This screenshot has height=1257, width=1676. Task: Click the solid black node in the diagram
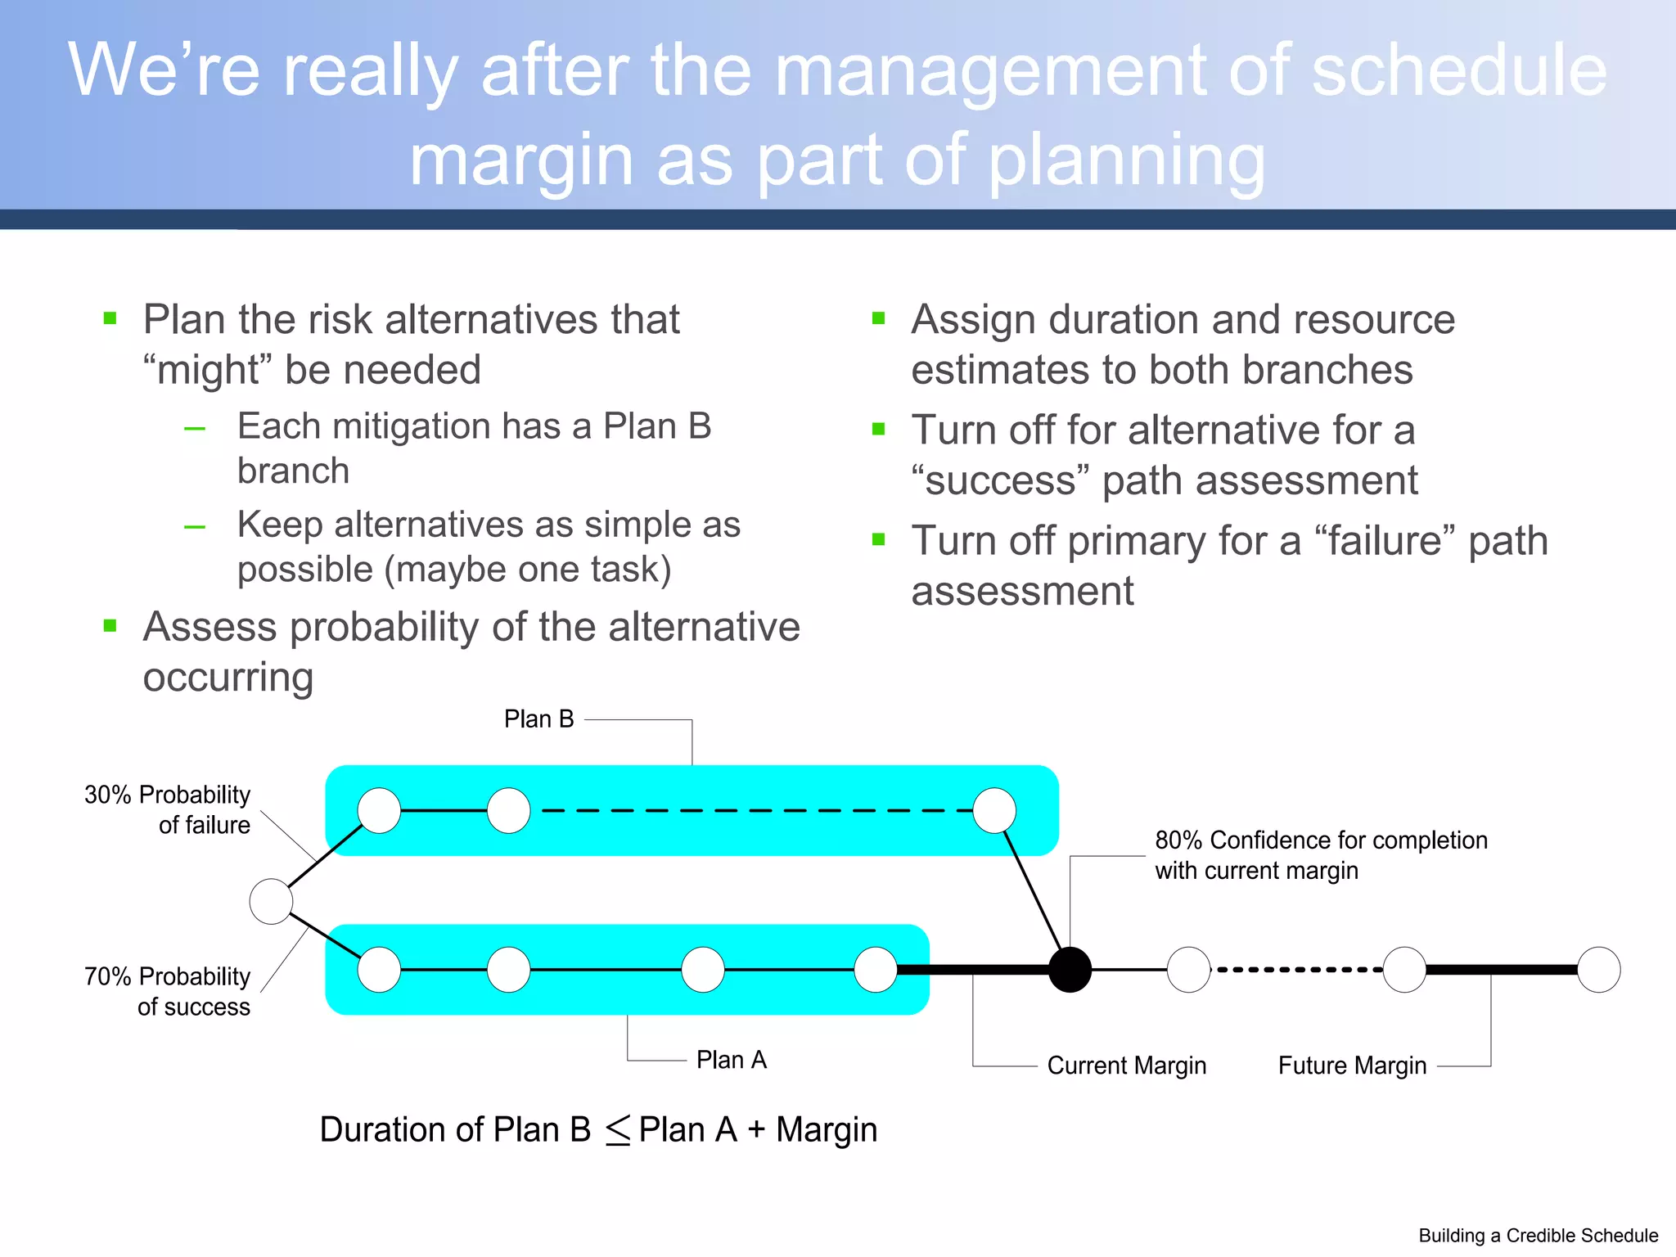1070,970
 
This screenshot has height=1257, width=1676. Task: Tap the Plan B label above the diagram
538,719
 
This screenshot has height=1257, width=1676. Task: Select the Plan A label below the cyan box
731,1060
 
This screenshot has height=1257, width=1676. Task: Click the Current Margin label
1126,1066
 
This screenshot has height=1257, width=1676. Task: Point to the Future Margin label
1352,1066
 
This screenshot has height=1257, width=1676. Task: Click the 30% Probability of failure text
168,809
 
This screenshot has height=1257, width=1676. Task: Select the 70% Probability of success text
168,991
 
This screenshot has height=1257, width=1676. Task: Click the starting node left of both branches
271,901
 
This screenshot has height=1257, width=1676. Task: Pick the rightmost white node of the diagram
1598,970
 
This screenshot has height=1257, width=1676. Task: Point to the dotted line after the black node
1297,970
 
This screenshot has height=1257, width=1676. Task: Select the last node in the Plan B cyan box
994,810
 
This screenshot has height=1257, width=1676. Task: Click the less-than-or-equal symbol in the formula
617,1131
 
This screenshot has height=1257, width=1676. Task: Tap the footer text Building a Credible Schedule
1538,1236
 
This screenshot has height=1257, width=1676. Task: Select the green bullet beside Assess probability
110,627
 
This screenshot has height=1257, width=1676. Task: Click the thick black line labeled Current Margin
973,970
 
